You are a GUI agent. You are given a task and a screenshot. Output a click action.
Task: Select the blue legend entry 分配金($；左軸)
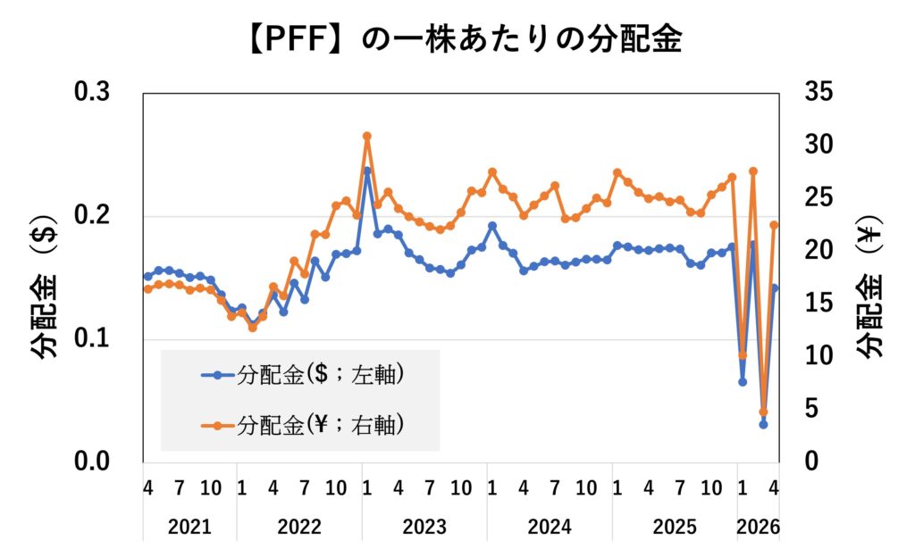coord(304,376)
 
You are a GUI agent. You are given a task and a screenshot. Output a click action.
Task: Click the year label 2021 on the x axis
coord(189,527)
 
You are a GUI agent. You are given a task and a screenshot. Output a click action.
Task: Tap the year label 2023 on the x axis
coord(424,527)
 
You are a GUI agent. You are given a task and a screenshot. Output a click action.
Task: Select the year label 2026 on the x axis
coord(758,527)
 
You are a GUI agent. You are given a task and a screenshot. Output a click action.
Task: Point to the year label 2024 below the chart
coord(550,527)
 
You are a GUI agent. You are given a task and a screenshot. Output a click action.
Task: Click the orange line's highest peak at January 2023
coord(366,137)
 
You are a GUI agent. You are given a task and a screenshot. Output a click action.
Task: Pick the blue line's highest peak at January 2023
coord(366,171)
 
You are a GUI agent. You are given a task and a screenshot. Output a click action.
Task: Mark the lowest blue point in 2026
coord(763,424)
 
